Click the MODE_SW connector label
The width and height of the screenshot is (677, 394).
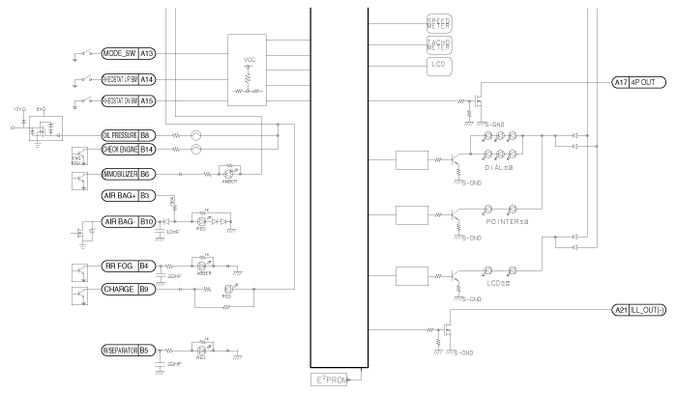tap(120, 53)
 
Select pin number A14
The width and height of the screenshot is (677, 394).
tap(147, 79)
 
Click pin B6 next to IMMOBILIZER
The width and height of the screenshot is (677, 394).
tap(147, 174)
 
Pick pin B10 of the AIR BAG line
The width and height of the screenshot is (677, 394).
tap(147, 221)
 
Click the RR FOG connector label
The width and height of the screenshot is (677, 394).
tap(119, 266)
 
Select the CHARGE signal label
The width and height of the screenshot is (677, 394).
tap(119, 289)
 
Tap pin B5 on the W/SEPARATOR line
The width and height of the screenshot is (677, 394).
tap(147, 347)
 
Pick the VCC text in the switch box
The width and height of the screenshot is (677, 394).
tap(250, 59)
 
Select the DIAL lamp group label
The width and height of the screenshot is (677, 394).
tap(495, 168)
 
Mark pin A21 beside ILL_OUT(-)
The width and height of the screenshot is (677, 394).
tap(621, 310)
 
